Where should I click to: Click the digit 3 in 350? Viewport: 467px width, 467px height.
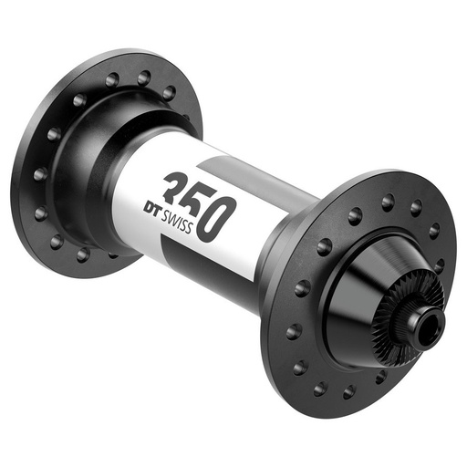click(177, 187)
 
